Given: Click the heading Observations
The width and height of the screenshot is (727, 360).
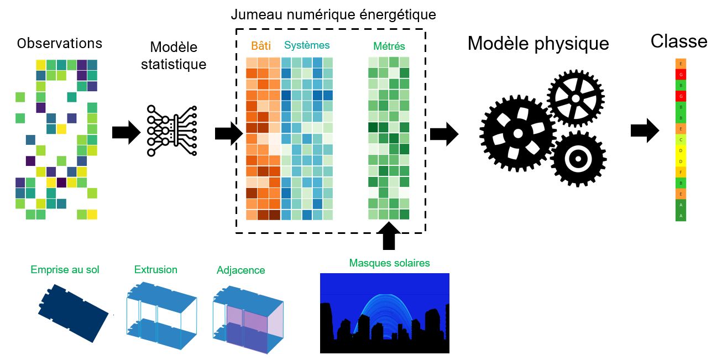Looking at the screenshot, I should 60,44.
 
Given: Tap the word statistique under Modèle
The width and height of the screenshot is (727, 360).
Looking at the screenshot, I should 174,64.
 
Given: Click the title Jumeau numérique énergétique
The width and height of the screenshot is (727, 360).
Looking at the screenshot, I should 333,14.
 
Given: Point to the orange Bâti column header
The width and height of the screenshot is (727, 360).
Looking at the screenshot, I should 260,45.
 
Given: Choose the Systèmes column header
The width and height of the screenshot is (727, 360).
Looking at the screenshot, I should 306,45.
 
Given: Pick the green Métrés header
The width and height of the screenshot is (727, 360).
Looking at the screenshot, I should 389,46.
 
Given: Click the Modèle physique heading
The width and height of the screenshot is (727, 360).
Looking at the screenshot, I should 538,44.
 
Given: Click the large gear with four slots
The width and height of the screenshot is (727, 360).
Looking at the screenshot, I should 517,133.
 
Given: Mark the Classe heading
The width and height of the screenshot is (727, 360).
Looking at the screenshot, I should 679,41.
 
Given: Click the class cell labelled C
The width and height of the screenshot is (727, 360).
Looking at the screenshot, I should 681,140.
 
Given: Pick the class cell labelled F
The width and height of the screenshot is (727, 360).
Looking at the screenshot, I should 681,173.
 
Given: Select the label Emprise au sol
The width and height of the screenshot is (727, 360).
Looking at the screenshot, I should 65,270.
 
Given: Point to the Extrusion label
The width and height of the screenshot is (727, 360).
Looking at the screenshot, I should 156,270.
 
